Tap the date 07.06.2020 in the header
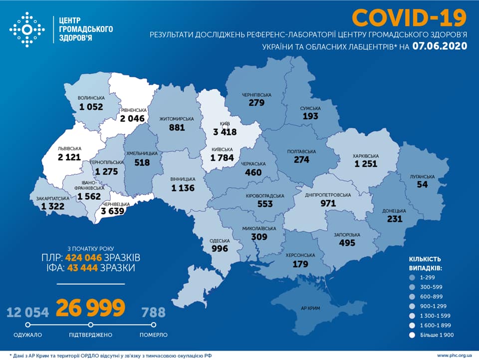[440, 46]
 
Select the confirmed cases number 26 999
[90, 308]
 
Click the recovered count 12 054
[28, 313]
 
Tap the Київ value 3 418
[223, 132]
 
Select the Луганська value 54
[424, 185]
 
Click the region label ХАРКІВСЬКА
[366, 156]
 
